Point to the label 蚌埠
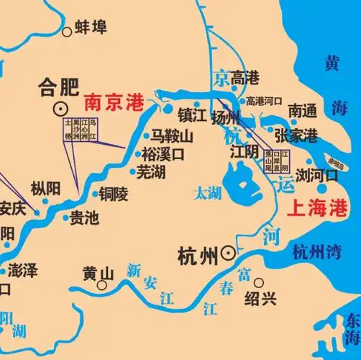coord(91,28)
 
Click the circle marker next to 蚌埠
coord(68,30)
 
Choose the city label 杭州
coord(197,253)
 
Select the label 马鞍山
coord(172,136)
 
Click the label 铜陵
coord(113,193)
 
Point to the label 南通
coord(302,111)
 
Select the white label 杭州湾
coord(321,251)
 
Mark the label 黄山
coord(99,274)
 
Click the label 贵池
coord(83,219)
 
